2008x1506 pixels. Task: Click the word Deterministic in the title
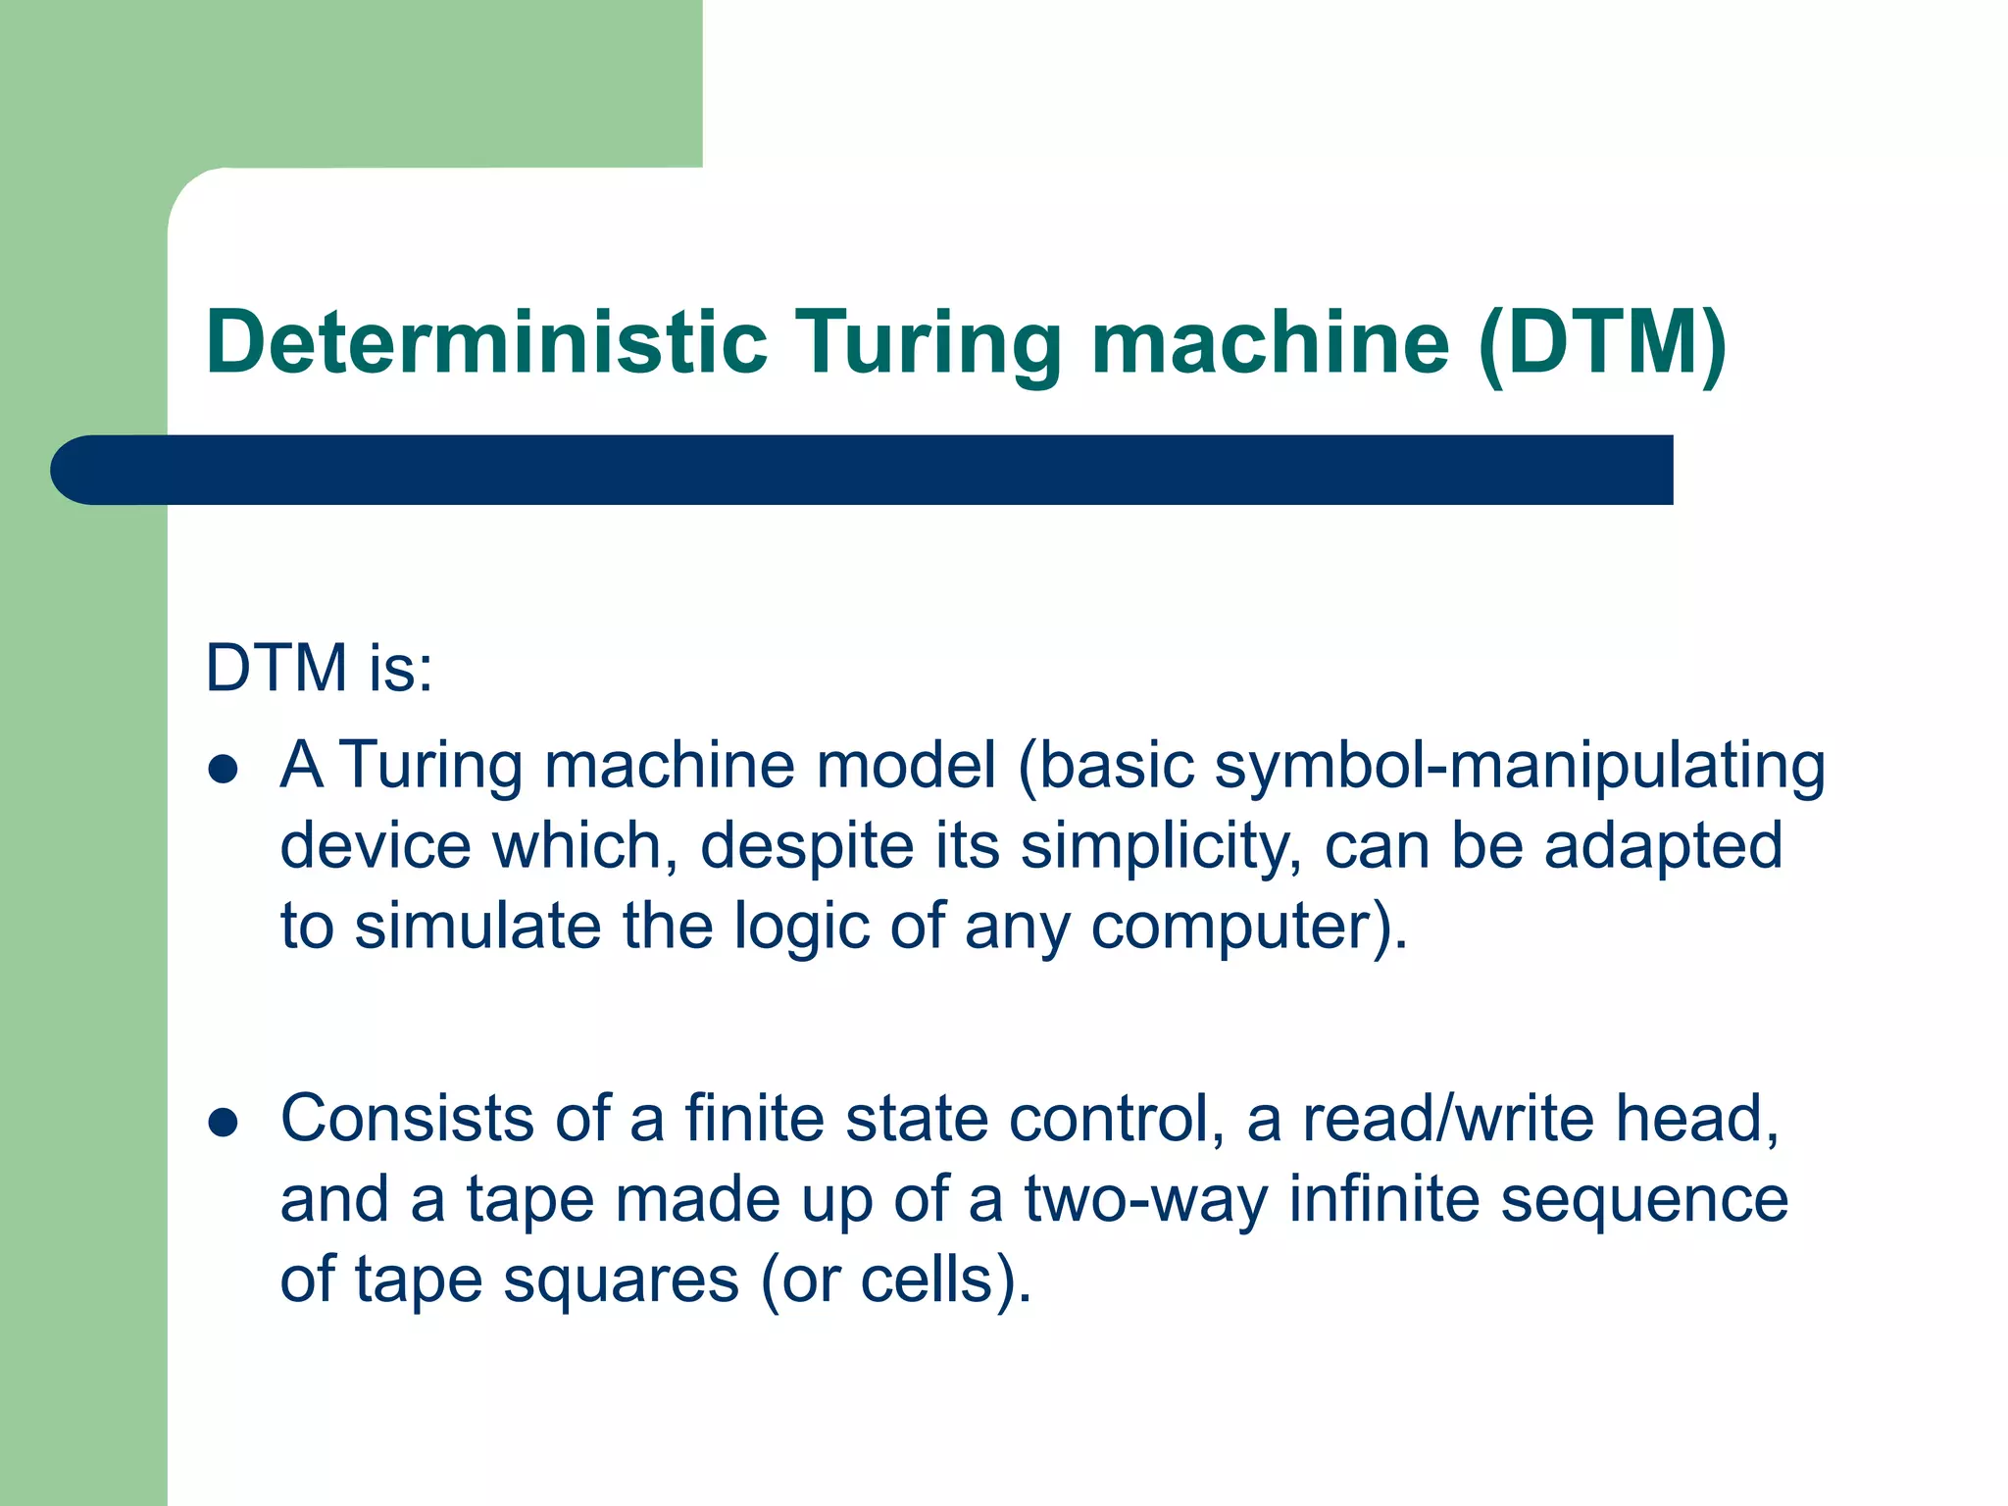coord(486,342)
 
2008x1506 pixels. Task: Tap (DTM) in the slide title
coord(1602,342)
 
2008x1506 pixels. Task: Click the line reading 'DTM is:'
coord(320,669)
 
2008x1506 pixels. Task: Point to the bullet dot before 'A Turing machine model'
coord(224,770)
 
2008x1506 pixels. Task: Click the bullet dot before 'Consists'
coord(224,1124)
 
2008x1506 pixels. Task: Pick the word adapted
coord(1663,846)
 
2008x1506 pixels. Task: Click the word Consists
coord(407,1119)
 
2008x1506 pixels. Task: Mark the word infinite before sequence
coord(1383,1199)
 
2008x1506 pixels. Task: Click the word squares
coord(621,1280)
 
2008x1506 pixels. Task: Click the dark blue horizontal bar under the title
coord(863,470)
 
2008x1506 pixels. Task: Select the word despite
coord(807,846)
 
